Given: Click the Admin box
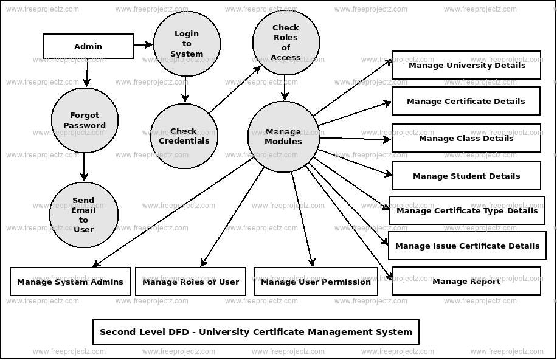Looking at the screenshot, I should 88,46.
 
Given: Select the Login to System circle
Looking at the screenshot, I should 187,44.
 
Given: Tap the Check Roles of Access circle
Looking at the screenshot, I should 286,43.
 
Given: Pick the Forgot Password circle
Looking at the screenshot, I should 85,120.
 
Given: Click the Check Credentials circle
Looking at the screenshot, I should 184,136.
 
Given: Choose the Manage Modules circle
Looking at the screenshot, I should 283,137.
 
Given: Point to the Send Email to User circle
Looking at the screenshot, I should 83,215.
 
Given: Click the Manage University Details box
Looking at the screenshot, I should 466,65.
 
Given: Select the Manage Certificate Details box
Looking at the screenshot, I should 466,101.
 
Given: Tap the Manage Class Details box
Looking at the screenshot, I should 466,138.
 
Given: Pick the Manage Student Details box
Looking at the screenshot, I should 466,176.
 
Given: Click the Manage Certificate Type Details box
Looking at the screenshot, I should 467,210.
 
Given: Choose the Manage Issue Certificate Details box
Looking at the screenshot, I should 467,246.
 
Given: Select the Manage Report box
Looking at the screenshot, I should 466,281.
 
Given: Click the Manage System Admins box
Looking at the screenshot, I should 70,282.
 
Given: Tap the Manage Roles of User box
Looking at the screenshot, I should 190,282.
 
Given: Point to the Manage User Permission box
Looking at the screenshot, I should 316,282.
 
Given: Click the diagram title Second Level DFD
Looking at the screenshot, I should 256,332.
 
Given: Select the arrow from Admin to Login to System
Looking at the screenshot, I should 143,44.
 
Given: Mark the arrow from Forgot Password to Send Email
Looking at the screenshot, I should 85,167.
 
